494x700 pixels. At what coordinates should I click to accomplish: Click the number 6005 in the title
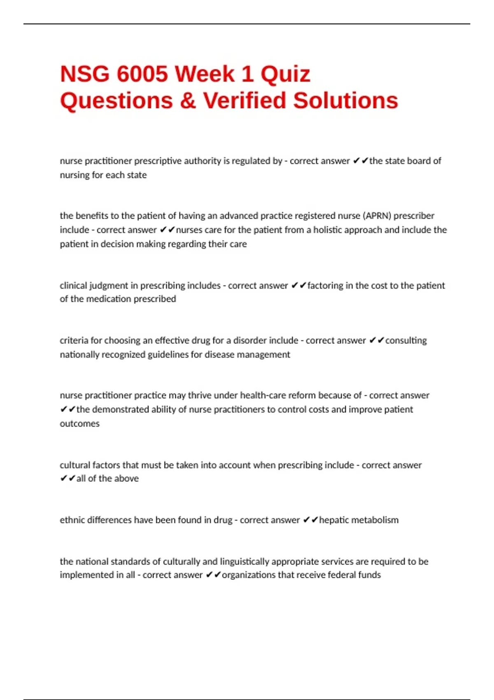142,74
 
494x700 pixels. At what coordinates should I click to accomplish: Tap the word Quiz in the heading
285,74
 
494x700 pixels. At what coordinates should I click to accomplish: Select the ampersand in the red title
188,101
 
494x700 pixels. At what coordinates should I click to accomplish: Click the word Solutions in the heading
345,101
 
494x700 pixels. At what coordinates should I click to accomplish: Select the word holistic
330,230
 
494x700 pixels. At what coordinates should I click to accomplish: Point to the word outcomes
79,424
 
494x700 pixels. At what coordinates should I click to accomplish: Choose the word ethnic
72,520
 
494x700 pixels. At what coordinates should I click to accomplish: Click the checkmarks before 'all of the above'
68,478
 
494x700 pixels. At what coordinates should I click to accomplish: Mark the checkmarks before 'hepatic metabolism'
310,520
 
